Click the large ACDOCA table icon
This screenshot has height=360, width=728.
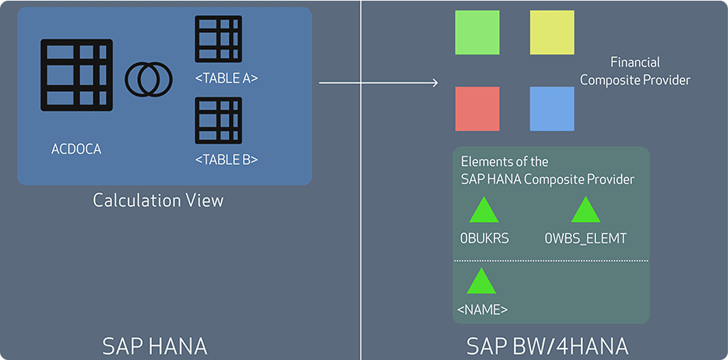point(77,75)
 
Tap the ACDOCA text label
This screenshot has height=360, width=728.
point(77,150)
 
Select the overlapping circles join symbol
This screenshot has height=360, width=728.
point(148,78)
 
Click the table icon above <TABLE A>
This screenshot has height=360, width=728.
point(218,38)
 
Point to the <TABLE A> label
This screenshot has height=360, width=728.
point(226,79)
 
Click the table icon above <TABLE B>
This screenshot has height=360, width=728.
point(218,120)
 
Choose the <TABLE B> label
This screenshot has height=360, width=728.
point(226,160)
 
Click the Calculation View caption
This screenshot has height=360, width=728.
point(158,200)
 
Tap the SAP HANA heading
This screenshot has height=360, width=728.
point(155,346)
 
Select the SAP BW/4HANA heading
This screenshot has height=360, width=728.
point(547,346)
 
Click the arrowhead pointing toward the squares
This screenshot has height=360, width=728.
point(434,83)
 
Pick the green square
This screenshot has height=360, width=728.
point(477,32)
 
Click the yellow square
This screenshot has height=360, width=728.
point(552,32)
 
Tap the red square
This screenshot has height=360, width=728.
point(477,109)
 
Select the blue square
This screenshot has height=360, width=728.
point(552,109)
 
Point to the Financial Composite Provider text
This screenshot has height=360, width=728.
point(635,71)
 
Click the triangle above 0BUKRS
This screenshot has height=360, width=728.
point(484,211)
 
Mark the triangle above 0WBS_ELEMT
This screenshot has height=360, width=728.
point(586,211)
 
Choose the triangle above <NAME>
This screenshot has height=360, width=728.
point(481,282)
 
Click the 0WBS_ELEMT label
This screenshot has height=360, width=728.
point(586,239)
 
